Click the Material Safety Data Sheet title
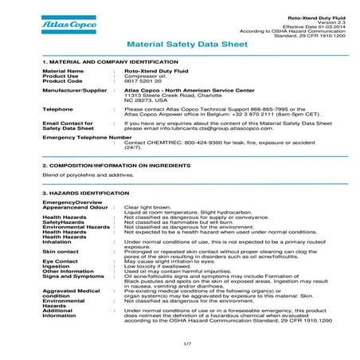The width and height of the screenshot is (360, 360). click(179, 45)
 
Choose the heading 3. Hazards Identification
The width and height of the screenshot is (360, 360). click(83, 193)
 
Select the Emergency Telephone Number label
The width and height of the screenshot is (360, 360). click(86, 137)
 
